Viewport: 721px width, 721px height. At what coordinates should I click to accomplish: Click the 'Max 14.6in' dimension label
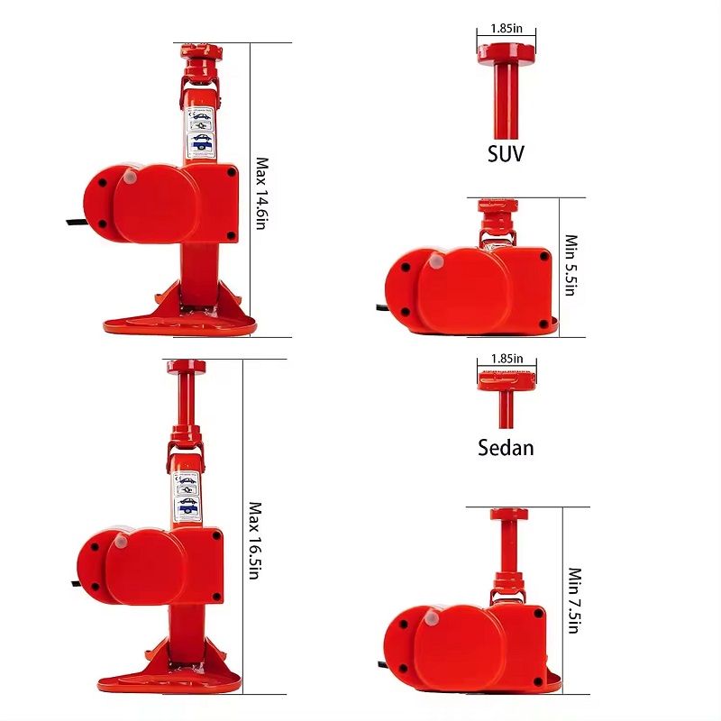[x=262, y=193]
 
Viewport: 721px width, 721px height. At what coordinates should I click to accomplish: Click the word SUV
[x=506, y=153]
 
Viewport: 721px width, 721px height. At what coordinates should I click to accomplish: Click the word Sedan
[x=506, y=447]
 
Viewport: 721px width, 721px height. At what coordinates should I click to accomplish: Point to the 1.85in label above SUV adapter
[x=505, y=28]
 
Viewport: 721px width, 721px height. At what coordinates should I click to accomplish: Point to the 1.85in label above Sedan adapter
[x=506, y=358]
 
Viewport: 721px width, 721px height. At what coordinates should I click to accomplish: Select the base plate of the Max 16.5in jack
[x=171, y=680]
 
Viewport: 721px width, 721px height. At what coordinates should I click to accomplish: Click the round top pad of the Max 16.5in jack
[x=186, y=367]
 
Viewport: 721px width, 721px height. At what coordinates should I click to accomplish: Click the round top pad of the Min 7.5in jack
[x=508, y=514]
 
